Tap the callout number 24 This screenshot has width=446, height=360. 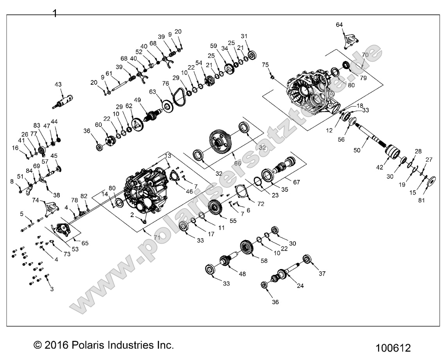point(300,285)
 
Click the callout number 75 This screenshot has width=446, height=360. point(265,65)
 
